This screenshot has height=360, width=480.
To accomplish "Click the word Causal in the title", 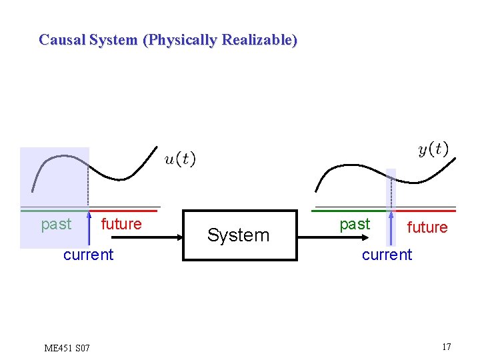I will point(61,40).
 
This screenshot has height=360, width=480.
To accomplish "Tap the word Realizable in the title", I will point(259,40).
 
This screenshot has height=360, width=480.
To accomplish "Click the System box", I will point(239,235).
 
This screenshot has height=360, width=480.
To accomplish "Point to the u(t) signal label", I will point(180,159).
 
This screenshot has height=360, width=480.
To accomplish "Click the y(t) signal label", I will point(433,149).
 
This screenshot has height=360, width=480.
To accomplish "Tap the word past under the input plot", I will point(56,224).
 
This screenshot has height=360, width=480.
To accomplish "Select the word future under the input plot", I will point(121,224).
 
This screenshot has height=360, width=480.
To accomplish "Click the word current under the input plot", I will point(88,255).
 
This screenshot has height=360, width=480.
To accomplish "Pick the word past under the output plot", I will point(355,225).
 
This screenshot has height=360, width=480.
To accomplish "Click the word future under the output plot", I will point(427,228).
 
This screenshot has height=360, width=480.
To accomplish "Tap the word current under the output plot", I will point(387,255).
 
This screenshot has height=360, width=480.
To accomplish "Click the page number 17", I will point(446,347).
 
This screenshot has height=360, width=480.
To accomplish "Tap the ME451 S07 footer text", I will point(67,348).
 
